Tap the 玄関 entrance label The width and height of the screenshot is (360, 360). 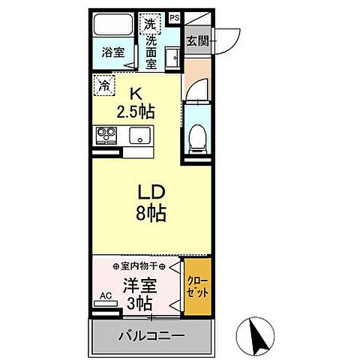point(197,40)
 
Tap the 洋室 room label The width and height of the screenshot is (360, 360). point(140,286)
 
